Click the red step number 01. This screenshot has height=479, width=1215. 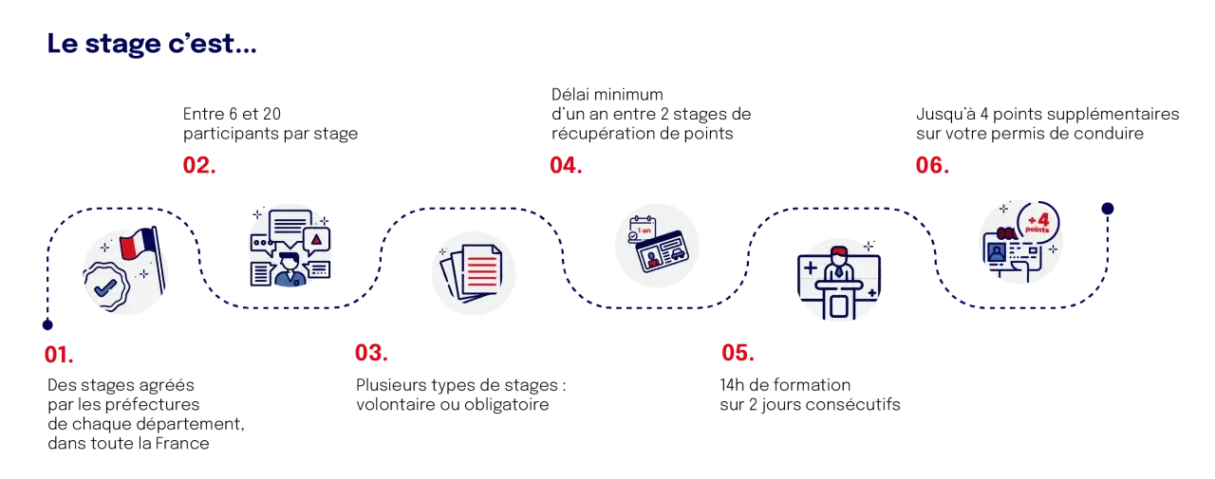pos(59,355)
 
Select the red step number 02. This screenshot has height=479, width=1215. pos(199,165)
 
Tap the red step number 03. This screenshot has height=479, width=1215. pos(371,353)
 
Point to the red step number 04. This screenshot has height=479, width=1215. pos(567,165)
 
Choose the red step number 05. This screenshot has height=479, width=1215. pos(738,353)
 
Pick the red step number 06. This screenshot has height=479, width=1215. pos(932,165)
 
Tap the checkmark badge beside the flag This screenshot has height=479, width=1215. pos(106,287)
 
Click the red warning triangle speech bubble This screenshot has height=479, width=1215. pos(317,241)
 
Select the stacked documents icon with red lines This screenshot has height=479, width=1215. pos(472,272)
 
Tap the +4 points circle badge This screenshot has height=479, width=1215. pos(1038,223)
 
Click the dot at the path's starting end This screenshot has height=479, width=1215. pos(47,325)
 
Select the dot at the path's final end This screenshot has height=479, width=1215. pos(1108,209)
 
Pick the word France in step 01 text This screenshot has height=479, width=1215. pos(182,443)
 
